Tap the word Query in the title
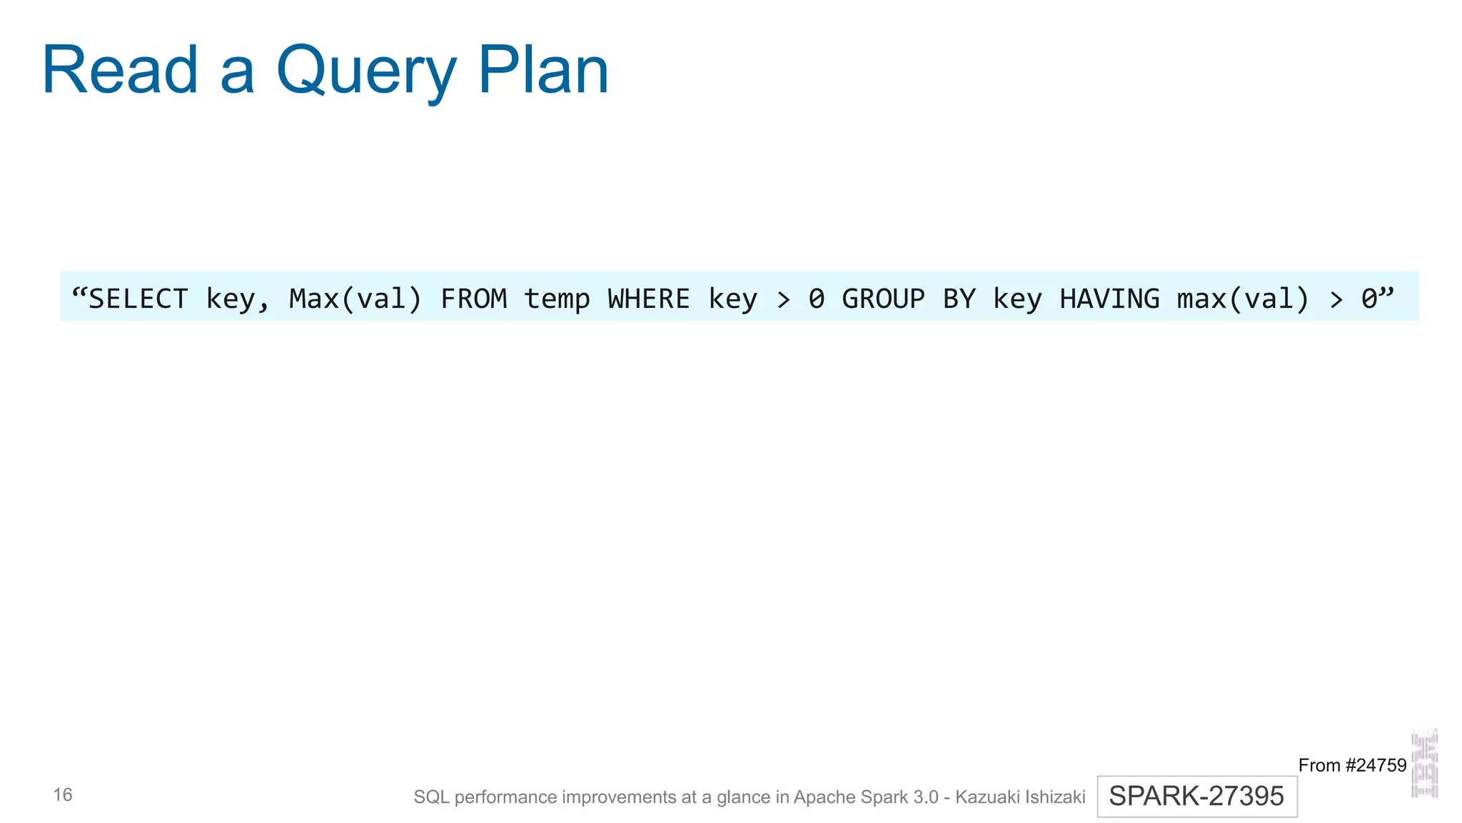click(365, 71)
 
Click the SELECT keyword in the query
click(138, 299)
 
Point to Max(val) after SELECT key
click(356, 299)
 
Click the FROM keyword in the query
click(473, 299)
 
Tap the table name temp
click(557, 299)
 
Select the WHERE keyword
click(649, 299)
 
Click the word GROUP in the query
click(883, 299)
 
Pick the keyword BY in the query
click(959, 299)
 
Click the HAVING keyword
click(1109, 299)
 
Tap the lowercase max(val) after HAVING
click(1243, 299)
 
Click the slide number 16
click(63, 794)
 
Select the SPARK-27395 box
click(1196, 796)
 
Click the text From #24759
click(1351, 765)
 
